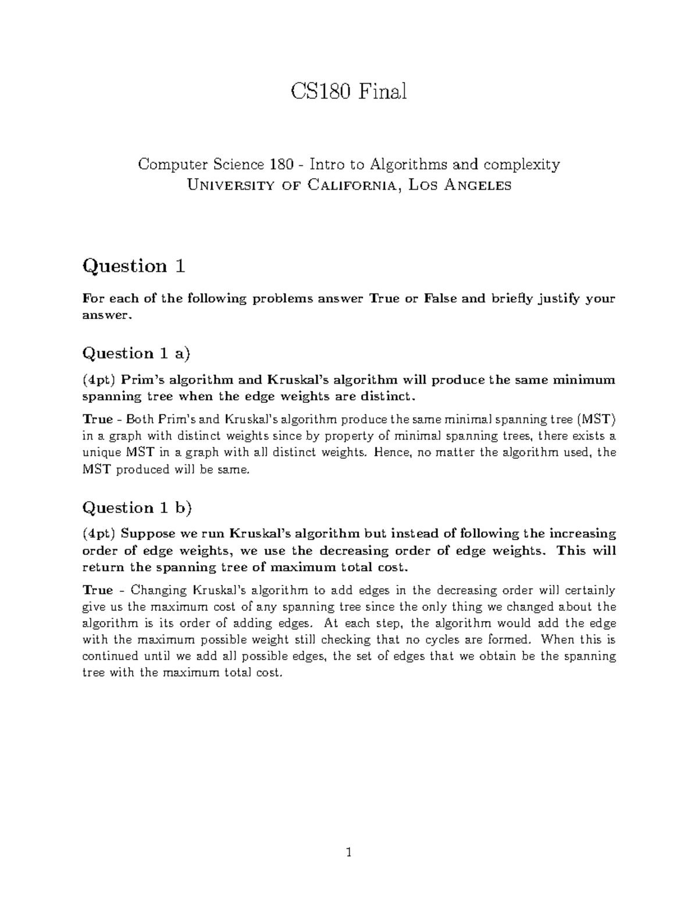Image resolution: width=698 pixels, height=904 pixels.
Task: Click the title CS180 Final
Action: pos(348,91)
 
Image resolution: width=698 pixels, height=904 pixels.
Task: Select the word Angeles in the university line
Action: pos(476,186)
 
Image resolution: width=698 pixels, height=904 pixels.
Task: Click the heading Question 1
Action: pos(134,266)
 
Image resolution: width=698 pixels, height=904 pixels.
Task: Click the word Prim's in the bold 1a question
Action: pos(141,380)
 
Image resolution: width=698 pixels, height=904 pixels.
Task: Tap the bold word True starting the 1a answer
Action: pos(98,420)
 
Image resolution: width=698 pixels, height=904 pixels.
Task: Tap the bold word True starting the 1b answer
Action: pos(98,590)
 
